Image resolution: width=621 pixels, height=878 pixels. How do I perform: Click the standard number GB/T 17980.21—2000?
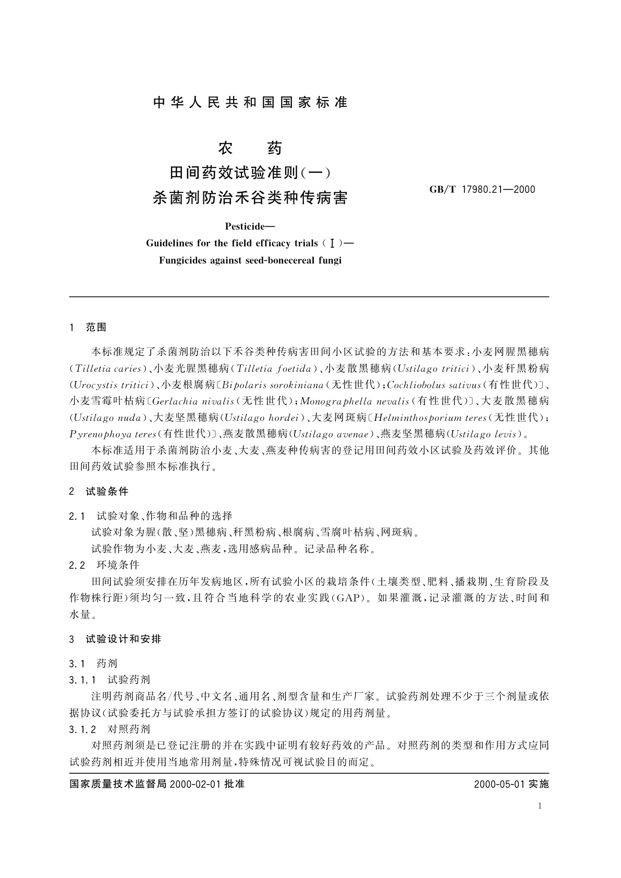[482, 189]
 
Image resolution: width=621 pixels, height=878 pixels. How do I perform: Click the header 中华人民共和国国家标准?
[250, 103]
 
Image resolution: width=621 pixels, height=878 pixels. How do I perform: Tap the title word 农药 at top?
[250, 149]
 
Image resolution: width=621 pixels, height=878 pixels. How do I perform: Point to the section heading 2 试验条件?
[99, 491]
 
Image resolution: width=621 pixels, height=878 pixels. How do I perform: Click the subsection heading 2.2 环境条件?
[104, 565]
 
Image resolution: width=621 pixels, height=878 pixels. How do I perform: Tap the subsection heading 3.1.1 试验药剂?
[109, 679]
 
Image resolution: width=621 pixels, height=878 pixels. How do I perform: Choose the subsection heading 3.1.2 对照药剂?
[109, 729]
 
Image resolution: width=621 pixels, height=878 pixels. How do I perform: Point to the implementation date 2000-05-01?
[499, 784]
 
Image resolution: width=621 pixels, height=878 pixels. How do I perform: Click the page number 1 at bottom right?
[540, 806]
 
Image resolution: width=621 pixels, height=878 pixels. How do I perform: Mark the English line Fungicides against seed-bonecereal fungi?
[250, 260]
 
